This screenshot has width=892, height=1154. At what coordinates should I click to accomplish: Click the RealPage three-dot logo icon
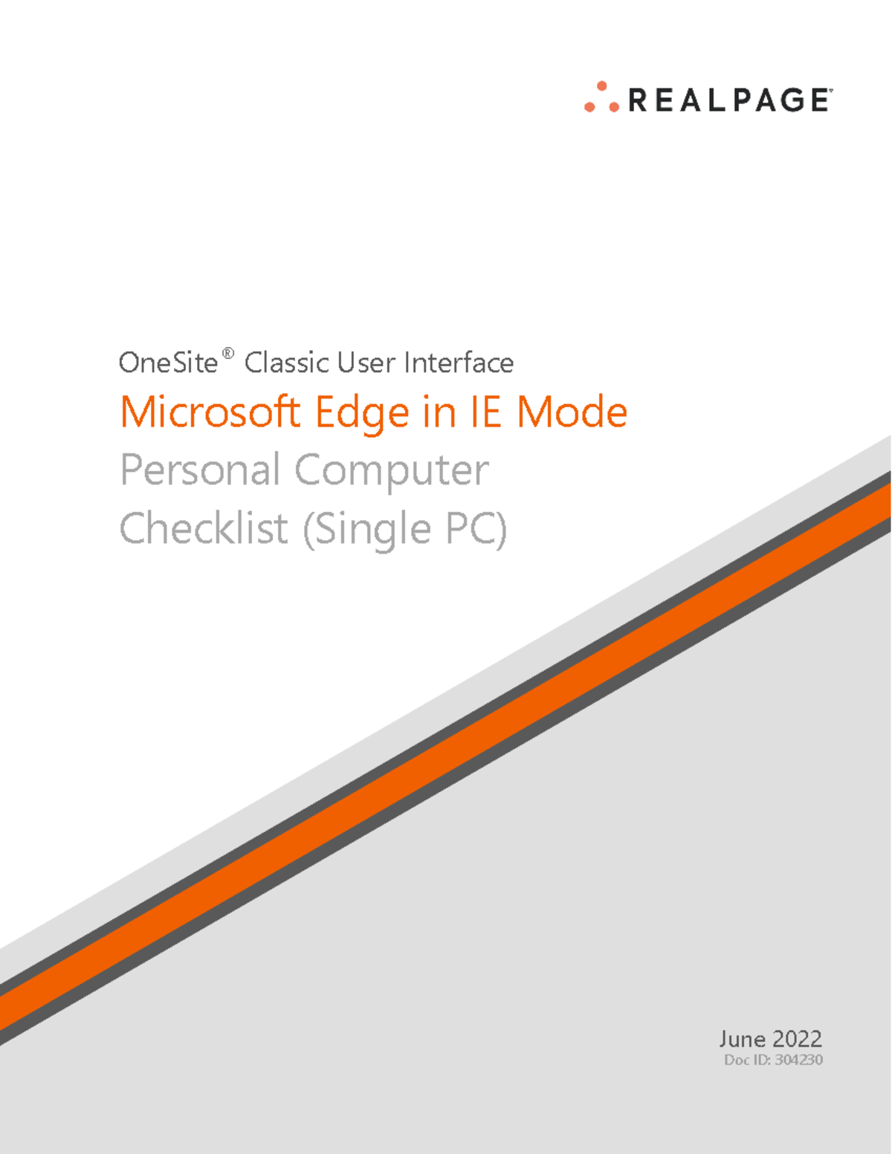tap(601, 98)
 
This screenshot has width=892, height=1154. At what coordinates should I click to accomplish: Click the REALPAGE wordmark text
tap(729, 100)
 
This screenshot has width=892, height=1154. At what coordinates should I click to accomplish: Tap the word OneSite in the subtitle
tap(168, 363)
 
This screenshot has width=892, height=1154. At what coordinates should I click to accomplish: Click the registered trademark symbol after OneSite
tap(228, 353)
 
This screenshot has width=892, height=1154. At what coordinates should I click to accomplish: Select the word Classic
tap(287, 363)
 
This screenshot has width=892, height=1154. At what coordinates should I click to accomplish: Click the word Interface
tap(459, 363)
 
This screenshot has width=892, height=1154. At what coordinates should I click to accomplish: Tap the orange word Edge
tap(362, 413)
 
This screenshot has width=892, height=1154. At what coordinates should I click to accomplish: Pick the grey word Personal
tap(200, 470)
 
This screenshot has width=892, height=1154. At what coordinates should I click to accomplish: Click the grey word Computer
tap(392, 471)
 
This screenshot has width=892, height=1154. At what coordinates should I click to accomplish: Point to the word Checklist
tap(204, 528)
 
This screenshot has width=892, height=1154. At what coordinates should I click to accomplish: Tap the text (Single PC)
tap(405, 530)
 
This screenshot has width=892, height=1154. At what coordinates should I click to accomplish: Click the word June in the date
tap(742, 1039)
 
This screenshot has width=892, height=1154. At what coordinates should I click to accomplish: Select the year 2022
tap(797, 1039)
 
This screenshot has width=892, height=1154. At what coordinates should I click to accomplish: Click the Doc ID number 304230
tap(798, 1060)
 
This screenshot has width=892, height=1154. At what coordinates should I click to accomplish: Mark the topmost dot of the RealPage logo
tap(602, 86)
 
